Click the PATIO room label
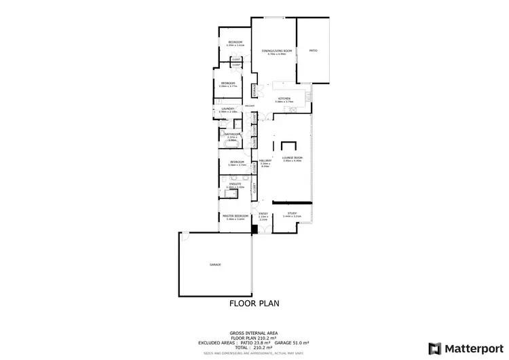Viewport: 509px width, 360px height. pos(313,50)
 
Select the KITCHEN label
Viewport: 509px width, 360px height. pos(284,99)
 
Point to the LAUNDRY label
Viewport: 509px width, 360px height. pos(228,109)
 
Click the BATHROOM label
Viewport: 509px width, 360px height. pos(231,134)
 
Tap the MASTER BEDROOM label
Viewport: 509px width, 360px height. pos(235,216)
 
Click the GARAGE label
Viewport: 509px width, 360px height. pos(215,264)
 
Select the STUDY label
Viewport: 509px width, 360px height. pos(292,213)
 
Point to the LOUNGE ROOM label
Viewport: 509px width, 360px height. pos(293,158)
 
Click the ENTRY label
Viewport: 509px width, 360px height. pos(263,214)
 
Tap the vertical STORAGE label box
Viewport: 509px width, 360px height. pos(255,90)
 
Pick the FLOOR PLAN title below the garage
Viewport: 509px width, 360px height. pos(254,304)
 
